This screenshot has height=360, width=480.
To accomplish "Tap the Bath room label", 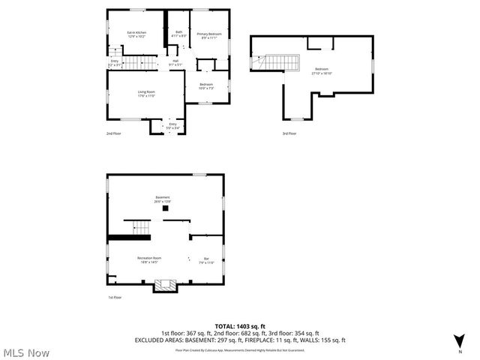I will [178, 34].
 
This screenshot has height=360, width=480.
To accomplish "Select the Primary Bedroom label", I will [209, 34].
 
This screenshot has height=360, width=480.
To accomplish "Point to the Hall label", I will [176, 63].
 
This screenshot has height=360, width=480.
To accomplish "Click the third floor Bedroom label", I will [322, 70].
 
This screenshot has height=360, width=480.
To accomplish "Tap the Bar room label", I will [206, 261].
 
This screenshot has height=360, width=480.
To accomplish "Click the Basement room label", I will [163, 199].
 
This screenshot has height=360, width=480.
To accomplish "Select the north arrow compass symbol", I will [459, 340].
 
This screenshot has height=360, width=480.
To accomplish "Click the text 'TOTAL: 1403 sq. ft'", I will [240, 325].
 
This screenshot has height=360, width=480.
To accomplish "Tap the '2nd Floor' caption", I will [113, 133].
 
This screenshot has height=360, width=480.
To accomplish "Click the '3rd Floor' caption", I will [289, 133].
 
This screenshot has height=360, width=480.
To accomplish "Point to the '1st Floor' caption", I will [115, 298].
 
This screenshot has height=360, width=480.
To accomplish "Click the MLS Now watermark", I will [25, 352].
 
